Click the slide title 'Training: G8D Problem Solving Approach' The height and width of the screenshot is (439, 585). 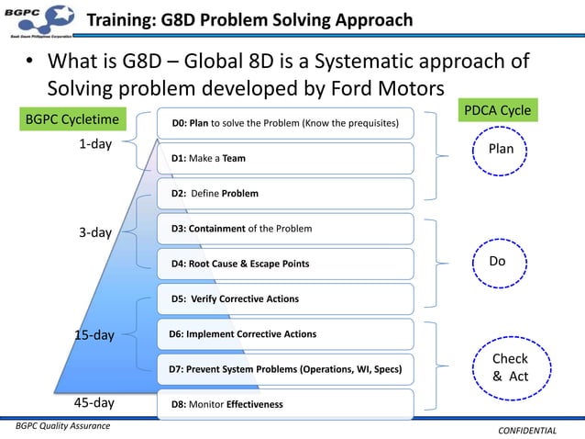[x=248, y=21]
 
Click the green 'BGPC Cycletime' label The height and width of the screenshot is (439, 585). [x=72, y=119]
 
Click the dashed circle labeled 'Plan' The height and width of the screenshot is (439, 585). [x=501, y=149]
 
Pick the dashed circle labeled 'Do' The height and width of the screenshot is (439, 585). [x=497, y=262]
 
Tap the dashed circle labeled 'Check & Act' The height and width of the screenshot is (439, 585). [x=510, y=367]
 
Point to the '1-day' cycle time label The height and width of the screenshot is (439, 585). [x=94, y=144]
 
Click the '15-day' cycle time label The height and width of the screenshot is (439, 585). [x=94, y=334]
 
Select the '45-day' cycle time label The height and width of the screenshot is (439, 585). [x=94, y=402]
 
